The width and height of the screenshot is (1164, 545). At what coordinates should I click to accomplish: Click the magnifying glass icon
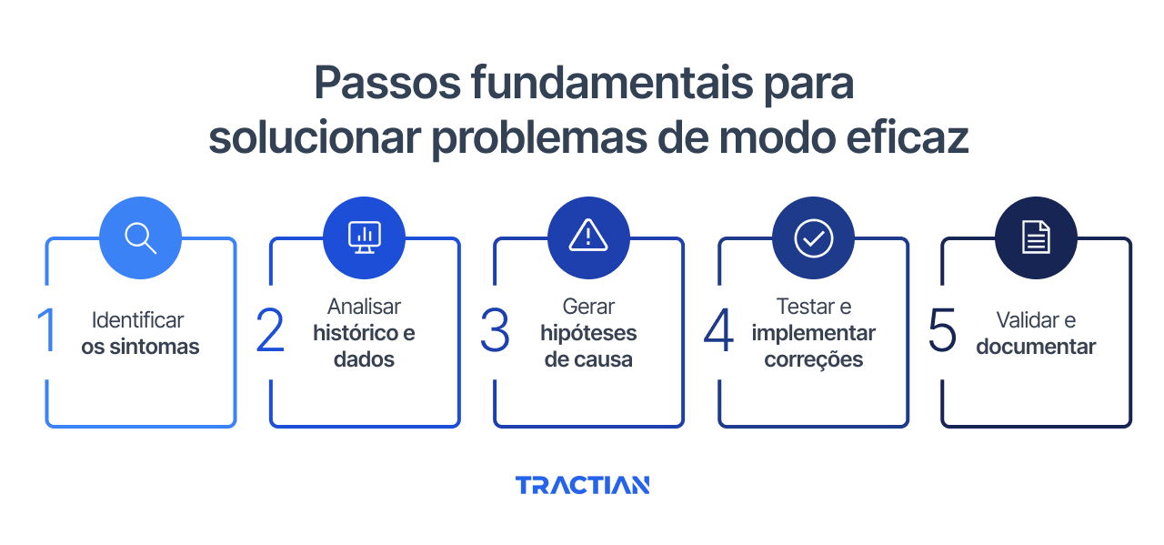point(140,237)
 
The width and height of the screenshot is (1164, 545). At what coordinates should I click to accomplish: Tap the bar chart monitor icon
point(364,237)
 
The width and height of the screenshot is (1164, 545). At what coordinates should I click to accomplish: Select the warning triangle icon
point(588,237)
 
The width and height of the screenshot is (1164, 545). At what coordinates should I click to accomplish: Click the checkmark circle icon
point(813,237)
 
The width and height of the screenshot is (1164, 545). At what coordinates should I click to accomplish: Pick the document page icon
point(1036,237)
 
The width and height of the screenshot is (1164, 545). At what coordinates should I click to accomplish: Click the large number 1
point(47,330)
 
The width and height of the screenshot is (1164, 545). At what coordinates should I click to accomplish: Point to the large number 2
point(270,330)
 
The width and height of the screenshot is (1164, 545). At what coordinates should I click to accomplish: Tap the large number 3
point(495,330)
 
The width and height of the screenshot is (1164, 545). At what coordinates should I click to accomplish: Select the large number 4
point(718,330)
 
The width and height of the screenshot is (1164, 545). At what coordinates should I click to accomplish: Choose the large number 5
point(943,330)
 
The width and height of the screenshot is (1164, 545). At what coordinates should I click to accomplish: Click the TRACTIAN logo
point(582,485)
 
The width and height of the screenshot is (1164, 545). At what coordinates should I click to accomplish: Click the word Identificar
point(138,320)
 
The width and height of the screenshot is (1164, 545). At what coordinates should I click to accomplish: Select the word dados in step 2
point(364,359)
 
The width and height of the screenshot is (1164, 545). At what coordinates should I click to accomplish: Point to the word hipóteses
point(588,333)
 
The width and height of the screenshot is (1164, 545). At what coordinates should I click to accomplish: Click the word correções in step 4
point(813,359)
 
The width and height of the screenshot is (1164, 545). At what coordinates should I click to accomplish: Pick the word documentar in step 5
point(1036,347)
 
